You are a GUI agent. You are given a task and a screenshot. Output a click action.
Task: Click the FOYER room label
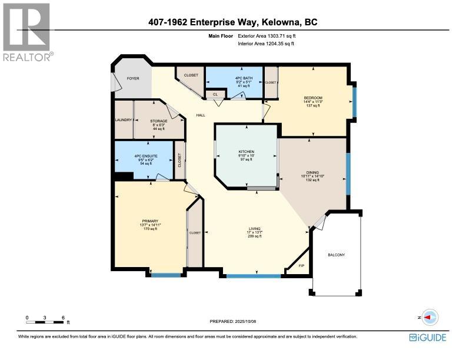(x=133, y=78)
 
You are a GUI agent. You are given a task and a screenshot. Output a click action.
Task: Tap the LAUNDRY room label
(x=124, y=120)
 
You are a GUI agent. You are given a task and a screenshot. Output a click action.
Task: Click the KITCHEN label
(x=246, y=151)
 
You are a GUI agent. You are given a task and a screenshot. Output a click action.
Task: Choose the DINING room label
(x=312, y=172)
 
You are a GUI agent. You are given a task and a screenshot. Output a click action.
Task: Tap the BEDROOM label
(x=313, y=98)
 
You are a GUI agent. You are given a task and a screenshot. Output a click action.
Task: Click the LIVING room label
(x=255, y=228)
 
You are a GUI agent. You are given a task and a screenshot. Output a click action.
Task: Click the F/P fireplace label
(x=301, y=266)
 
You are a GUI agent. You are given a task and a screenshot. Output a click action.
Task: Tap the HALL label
(x=201, y=115)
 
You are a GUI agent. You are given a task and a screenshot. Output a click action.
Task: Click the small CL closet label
(x=215, y=94)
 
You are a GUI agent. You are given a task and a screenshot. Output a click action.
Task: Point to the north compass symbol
(x=428, y=318)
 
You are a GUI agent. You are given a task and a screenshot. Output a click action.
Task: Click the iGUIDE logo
(x=428, y=338)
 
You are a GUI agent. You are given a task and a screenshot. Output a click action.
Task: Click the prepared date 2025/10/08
(x=233, y=321)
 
